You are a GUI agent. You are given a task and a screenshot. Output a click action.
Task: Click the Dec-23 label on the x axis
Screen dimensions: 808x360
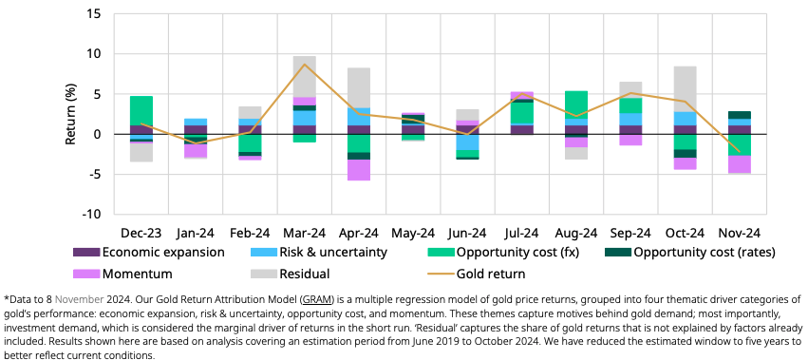141,233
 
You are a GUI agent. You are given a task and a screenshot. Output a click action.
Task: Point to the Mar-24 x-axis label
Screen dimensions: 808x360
305,233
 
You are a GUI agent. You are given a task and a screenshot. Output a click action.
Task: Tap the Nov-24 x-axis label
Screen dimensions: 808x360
740,233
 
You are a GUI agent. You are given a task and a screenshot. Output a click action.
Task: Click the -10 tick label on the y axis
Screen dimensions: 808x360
94,214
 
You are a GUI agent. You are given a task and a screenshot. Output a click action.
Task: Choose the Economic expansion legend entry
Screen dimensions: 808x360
148,253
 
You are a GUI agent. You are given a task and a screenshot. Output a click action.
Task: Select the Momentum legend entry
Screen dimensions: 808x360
122,274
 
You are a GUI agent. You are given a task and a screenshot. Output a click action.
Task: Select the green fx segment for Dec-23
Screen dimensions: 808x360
141,111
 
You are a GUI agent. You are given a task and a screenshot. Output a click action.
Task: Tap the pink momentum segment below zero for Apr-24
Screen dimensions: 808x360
359,170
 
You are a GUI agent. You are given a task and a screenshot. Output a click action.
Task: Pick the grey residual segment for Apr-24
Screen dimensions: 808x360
359,87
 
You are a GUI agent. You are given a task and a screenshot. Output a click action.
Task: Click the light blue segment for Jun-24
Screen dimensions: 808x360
467,142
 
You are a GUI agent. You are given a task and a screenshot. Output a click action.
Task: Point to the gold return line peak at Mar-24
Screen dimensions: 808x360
305,64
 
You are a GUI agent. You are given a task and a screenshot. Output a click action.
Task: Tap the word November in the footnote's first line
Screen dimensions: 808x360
80,299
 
